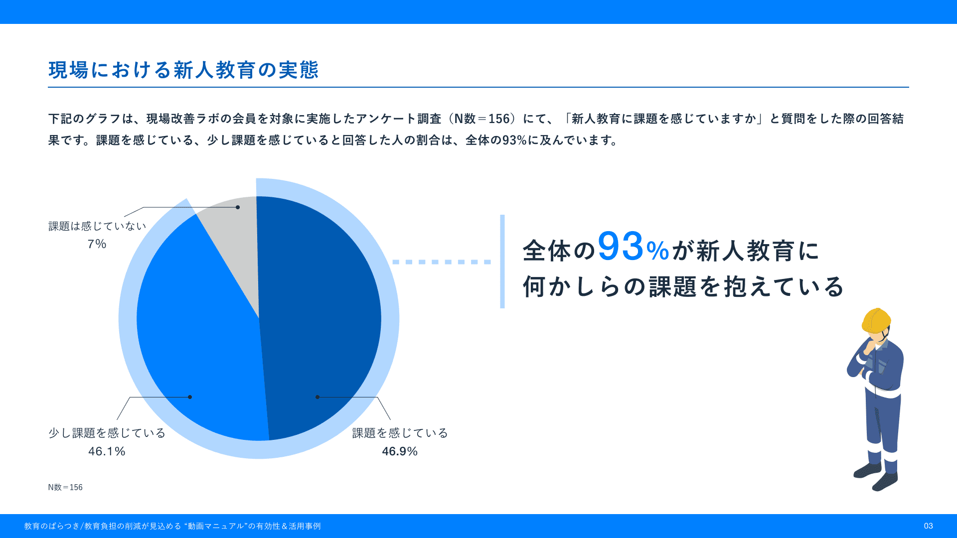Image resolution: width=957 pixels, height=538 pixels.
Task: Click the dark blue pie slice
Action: coord(319,319)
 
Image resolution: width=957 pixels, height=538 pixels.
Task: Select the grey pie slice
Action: coord(234,239)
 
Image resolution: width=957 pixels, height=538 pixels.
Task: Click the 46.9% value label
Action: coord(400,451)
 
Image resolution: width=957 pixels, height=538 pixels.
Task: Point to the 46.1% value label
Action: coord(107,451)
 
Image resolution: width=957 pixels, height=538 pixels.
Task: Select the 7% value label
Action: coord(97,244)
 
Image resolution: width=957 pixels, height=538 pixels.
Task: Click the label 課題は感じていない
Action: coord(97,226)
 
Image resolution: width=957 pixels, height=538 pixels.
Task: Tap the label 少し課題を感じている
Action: coord(107,433)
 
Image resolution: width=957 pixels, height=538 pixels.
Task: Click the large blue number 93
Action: coord(621,247)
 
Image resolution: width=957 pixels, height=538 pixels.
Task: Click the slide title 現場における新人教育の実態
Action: coord(183,70)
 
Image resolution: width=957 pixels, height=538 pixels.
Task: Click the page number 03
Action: coord(928,526)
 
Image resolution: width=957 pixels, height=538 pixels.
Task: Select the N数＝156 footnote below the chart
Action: coord(65,487)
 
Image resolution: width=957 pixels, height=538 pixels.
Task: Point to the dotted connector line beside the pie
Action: coord(442,262)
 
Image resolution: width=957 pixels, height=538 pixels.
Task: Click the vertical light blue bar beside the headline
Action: coord(502,262)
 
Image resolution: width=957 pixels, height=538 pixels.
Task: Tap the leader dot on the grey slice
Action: coord(238,207)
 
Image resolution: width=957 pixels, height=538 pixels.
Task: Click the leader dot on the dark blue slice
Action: coord(318,397)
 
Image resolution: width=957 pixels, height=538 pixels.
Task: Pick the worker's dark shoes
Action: coord(876,476)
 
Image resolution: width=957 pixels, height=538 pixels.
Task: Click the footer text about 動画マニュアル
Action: coord(172,526)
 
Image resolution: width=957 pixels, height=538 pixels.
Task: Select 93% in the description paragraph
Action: coord(514,140)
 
